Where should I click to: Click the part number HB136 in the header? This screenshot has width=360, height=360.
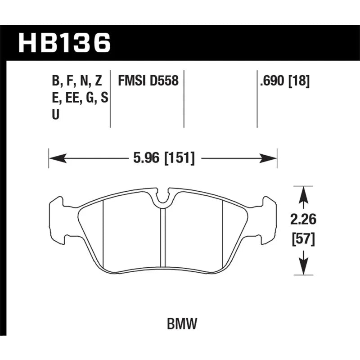[64, 43]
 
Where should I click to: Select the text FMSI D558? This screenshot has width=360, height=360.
[148, 81]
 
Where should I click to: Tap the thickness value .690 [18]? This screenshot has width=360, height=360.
[285, 81]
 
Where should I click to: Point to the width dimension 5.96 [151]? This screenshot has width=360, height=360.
[164, 158]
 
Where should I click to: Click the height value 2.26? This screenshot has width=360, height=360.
[303, 219]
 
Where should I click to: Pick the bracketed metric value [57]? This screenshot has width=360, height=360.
[303, 239]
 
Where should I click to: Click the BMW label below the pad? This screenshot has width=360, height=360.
[182, 324]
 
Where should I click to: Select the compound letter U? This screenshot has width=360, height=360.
[55, 114]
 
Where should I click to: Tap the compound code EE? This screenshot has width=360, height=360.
[72, 98]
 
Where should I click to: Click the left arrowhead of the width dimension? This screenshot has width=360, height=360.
[58, 158]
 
